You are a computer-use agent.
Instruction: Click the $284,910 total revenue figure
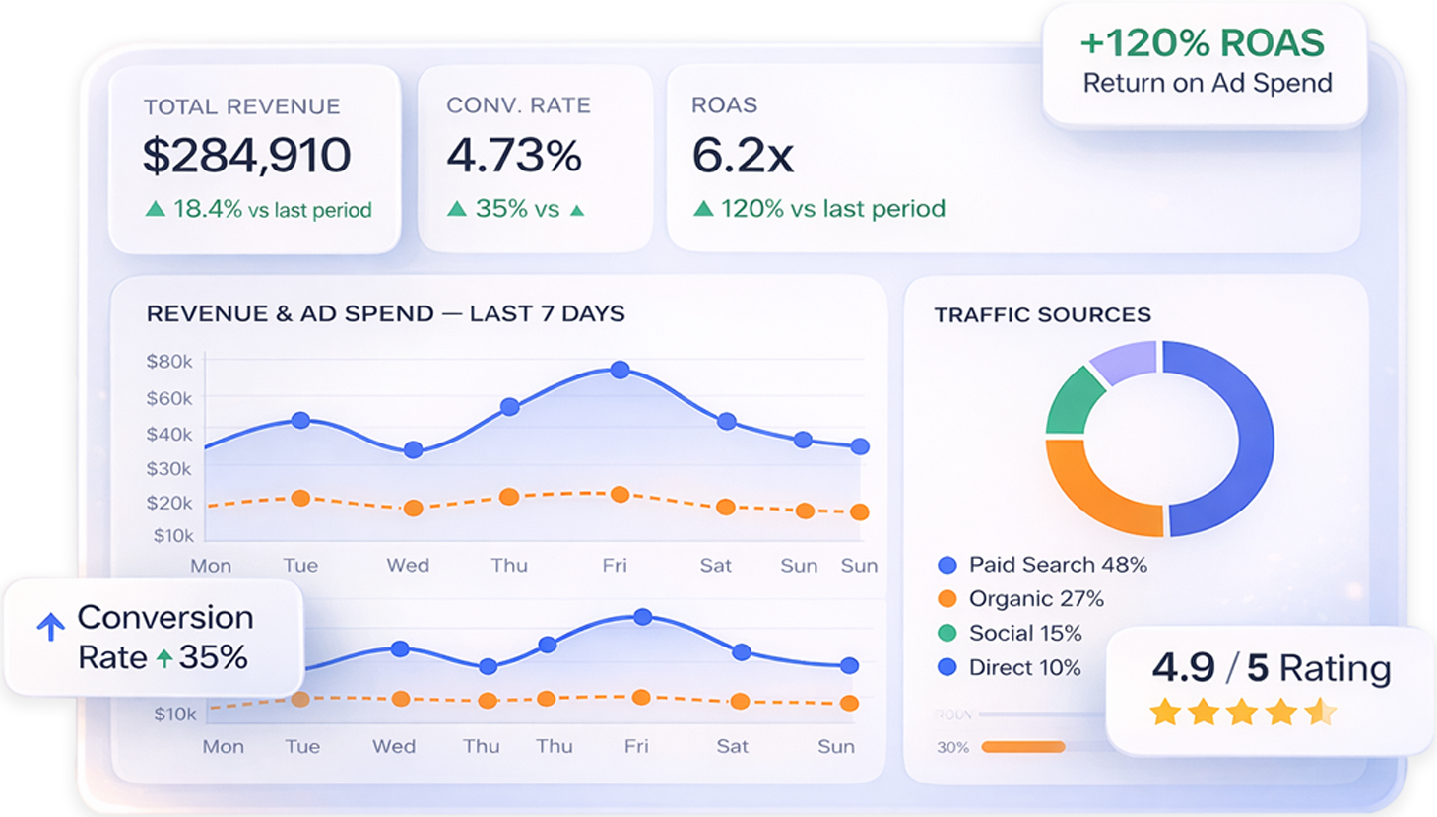click(x=246, y=156)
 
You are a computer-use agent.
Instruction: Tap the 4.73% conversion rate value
click(x=514, y=156)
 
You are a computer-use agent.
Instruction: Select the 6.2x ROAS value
click(x=743, y=156)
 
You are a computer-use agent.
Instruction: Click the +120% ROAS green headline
click(x=1202, y=43)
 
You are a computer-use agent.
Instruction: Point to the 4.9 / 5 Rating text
click(x=1271, y=668)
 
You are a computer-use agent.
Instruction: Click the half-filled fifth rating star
click(x=1320, y=712)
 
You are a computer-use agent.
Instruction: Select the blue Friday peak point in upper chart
click(x=620, y=370)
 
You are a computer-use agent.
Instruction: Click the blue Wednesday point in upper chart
click(x=414, y=449)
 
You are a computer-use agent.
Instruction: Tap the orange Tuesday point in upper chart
click(x=300, y=499)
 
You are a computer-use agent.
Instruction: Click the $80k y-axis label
click(x=169, y=362)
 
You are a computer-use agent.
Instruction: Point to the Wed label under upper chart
click(x=408, y=566)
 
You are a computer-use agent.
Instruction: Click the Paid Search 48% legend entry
click(x=1044, y=565)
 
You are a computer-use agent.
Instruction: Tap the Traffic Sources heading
click(x=1042, y=315)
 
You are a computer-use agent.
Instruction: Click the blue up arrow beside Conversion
click(x=51, y=626)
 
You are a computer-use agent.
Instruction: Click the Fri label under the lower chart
click(x=636, y=746)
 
